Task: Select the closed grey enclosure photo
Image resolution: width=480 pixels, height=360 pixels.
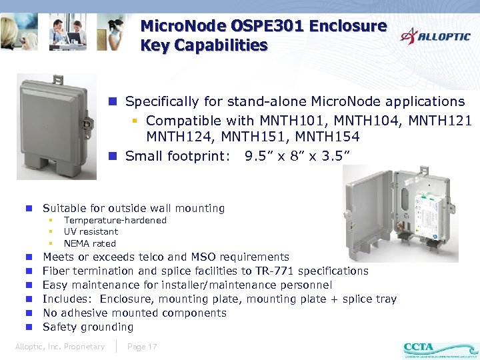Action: [x=57, y=125]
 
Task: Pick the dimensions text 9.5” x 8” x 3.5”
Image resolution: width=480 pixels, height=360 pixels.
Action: [x=297, y=157]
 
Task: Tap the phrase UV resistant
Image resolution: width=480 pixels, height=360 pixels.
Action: [x=91, y=231]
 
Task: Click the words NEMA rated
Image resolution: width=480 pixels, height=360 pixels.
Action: [x=89, y=243]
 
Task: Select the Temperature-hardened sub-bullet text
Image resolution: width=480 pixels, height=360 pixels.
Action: [x=115, y=220]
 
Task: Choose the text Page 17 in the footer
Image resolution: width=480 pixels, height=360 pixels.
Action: [x=142, y=347]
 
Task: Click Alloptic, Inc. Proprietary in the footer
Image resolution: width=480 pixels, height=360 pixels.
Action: [x=60, y=347]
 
